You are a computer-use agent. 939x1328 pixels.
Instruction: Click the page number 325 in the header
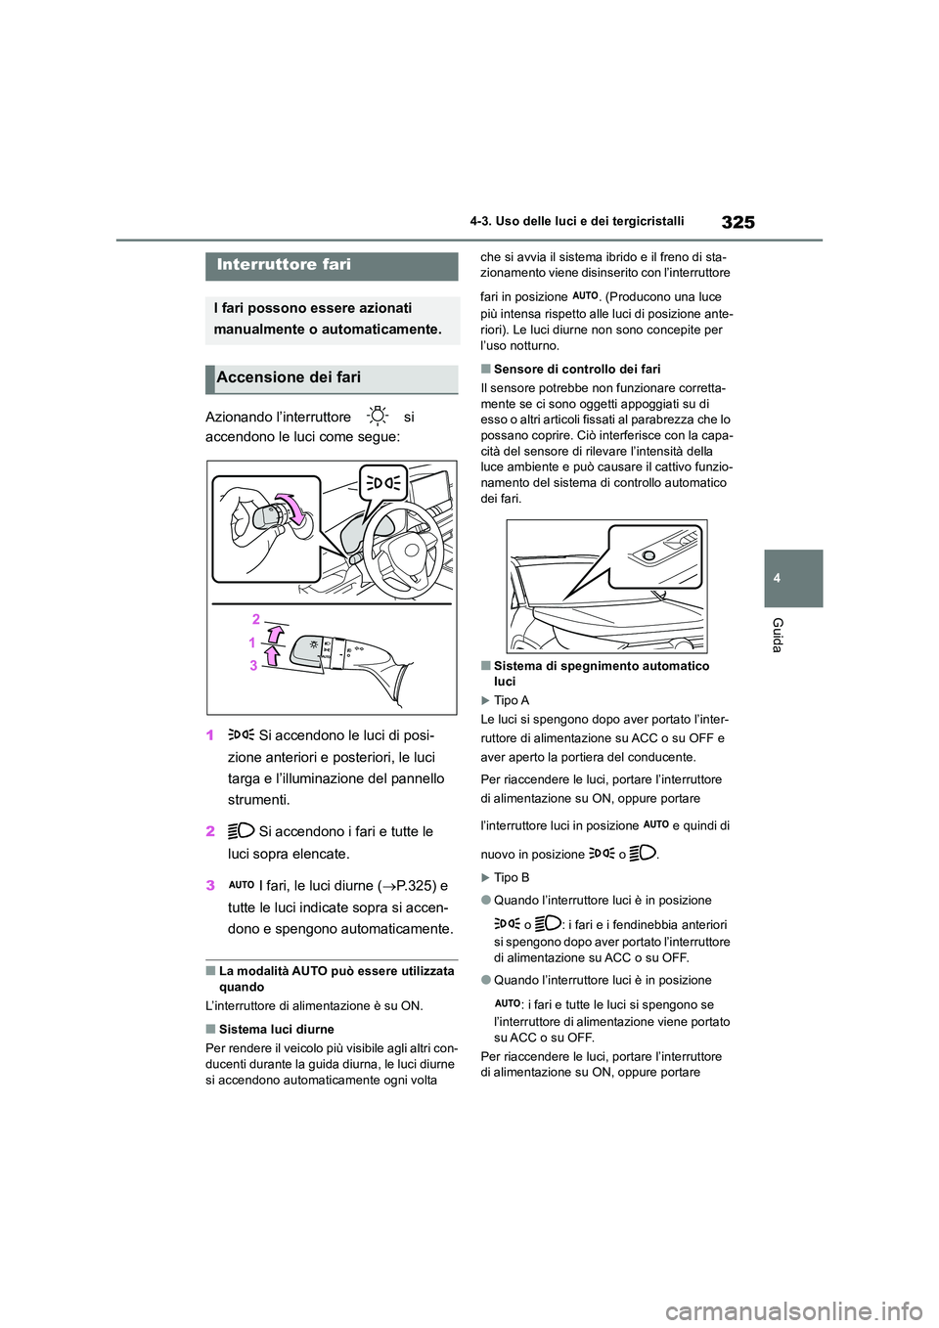738,222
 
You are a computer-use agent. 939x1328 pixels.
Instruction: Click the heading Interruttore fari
284,265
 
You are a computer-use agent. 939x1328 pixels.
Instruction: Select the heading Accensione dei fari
289,377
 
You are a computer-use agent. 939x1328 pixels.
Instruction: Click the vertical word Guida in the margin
778,635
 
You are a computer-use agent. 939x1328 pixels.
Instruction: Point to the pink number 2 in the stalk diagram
256,619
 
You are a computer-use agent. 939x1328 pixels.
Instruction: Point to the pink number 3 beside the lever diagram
253,665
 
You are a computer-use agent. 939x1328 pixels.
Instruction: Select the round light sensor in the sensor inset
648,555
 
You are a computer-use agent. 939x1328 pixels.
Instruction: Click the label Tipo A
511,701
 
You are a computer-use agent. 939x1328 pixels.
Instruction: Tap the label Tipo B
511,878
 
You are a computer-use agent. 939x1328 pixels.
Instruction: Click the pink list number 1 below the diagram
210,736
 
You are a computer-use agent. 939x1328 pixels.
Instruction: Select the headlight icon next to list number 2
241,832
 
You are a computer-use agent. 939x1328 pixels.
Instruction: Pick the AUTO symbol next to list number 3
241,885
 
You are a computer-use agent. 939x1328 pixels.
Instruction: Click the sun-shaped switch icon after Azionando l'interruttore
379,418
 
